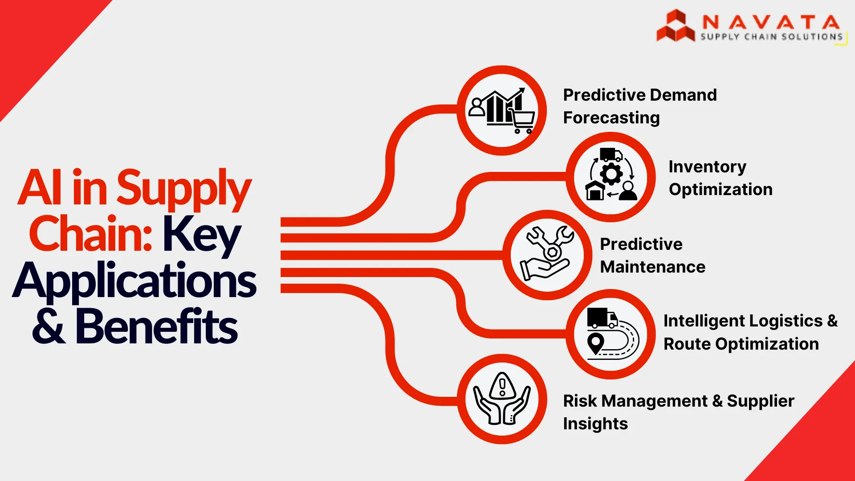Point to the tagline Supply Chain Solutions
(x=772, y=37)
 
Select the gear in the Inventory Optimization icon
(x=611, y=174)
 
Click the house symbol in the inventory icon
(x=595, y=190)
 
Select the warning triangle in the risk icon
(x=502, y=385)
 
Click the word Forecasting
(x=611, y=118)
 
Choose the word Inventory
(x=707, y=167)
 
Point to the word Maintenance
(x=653, y=267)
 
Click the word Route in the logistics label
(x=687, y=344)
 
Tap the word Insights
(x=595, y=424)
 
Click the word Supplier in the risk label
(x=761, y=401)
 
